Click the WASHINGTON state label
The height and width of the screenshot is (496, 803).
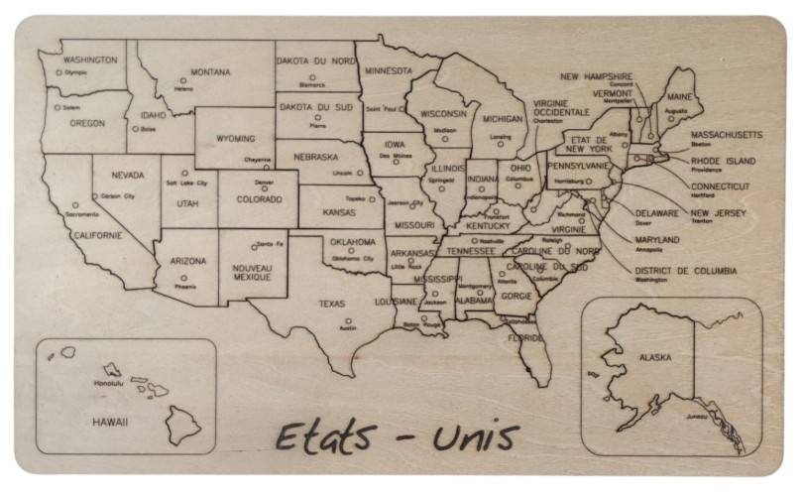[90, 60]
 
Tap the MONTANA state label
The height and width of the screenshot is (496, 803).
[210, 72]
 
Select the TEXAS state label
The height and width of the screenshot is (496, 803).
[331, 304]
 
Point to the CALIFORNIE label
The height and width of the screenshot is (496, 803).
[97, 235]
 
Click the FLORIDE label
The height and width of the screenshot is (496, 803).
[525, 337]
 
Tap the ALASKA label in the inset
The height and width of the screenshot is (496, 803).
[655, 357]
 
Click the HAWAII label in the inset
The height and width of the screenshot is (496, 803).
[111, 422]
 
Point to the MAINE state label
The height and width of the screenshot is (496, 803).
[679, 97]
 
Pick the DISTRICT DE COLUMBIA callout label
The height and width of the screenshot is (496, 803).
[686, 270]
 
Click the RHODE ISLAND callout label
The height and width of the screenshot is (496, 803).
[723, 161]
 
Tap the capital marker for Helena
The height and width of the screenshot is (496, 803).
[182, 80]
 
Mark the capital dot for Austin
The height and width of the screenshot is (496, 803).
[348, 320]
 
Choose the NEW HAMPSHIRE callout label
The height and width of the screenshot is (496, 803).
[596, 76]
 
